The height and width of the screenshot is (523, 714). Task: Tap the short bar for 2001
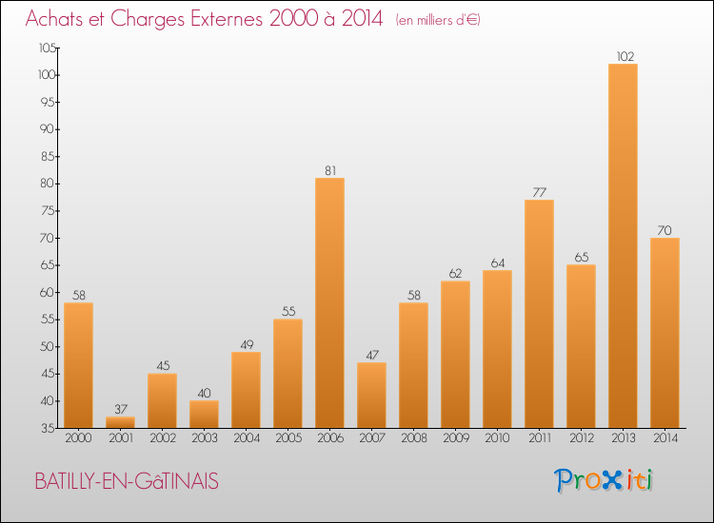tap(120, 421)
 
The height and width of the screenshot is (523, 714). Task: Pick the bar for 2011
tap(539, 314)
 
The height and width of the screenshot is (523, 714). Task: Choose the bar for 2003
tap(204, 414)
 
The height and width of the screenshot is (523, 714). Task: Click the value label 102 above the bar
tap(623, 56)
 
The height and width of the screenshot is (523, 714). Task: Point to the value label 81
tap(329, 170)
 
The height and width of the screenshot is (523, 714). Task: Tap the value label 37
tap(120, 409)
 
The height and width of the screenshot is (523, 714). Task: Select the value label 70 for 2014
tap(664, 230)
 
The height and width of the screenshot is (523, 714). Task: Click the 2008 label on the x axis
tap(413, 437)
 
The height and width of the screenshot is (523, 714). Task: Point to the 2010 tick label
tap(497, 437)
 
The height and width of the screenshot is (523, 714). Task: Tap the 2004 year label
tap(246, 437)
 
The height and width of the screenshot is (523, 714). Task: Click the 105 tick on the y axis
tap(45, 48)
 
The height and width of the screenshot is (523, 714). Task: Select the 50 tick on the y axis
tap(47, 346)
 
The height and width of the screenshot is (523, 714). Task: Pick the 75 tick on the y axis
tap(47, 211)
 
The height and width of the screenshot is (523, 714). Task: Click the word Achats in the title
tap(55, 19)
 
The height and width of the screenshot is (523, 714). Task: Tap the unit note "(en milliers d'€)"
tap(438, 20)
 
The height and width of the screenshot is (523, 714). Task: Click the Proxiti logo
tap(605, 480)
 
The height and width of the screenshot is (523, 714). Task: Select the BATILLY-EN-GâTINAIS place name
tap(127, 482)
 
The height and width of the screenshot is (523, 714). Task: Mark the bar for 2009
tap(455, 354)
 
